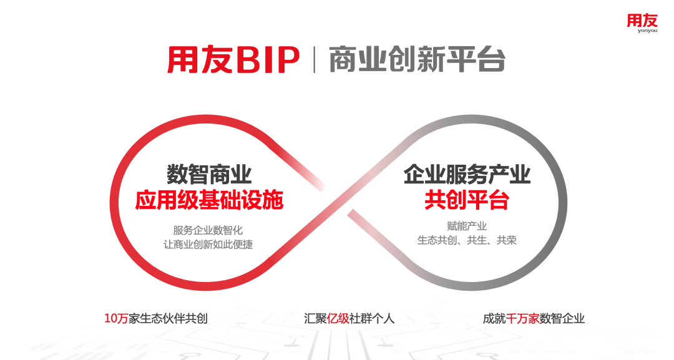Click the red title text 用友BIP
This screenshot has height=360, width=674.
click(233, 60)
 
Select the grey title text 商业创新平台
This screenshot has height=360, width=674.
click(417, 59)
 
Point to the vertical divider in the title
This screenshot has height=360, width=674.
click(315, 59)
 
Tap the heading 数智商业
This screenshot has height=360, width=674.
click(209, 175)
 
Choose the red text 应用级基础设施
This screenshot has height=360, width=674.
click(209, 200)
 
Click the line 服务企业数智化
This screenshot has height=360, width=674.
click(208, 230)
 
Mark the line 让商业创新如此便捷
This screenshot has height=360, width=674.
click(208, 245)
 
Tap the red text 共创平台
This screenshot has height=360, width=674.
click(467, 200)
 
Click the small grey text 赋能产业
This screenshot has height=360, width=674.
click(467, 226)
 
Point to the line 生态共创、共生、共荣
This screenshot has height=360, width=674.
click(467, 240)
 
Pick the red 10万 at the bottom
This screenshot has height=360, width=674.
click(116, 318)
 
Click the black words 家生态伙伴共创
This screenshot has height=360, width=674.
click(168, 318)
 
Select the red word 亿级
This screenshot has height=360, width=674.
click(338, 318)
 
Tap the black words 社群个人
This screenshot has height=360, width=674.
click(372, 318)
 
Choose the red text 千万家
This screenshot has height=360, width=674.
click(522, 318)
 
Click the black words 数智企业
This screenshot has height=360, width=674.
click(562, 318)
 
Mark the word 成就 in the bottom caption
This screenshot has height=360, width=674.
click(494, 318)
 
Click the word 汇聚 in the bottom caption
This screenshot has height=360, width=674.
click(315, 318)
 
